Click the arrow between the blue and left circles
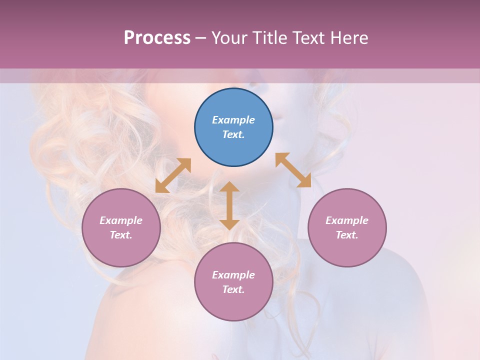(x=173, y=175)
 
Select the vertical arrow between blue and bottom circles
(x=229, y=205)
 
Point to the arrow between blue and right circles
(x=293, y=170)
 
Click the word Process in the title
(x=157, y=37)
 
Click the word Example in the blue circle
(x=233, y=120)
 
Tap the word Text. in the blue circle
(x=233, y=134)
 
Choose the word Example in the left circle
(x=121, y=220)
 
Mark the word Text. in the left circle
(x=121, y=235)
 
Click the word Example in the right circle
(x=347, y=220)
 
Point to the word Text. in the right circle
(x=347, y=235)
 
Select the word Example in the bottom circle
(x=233, y=275)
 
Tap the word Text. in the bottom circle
(x=233, y=289)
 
